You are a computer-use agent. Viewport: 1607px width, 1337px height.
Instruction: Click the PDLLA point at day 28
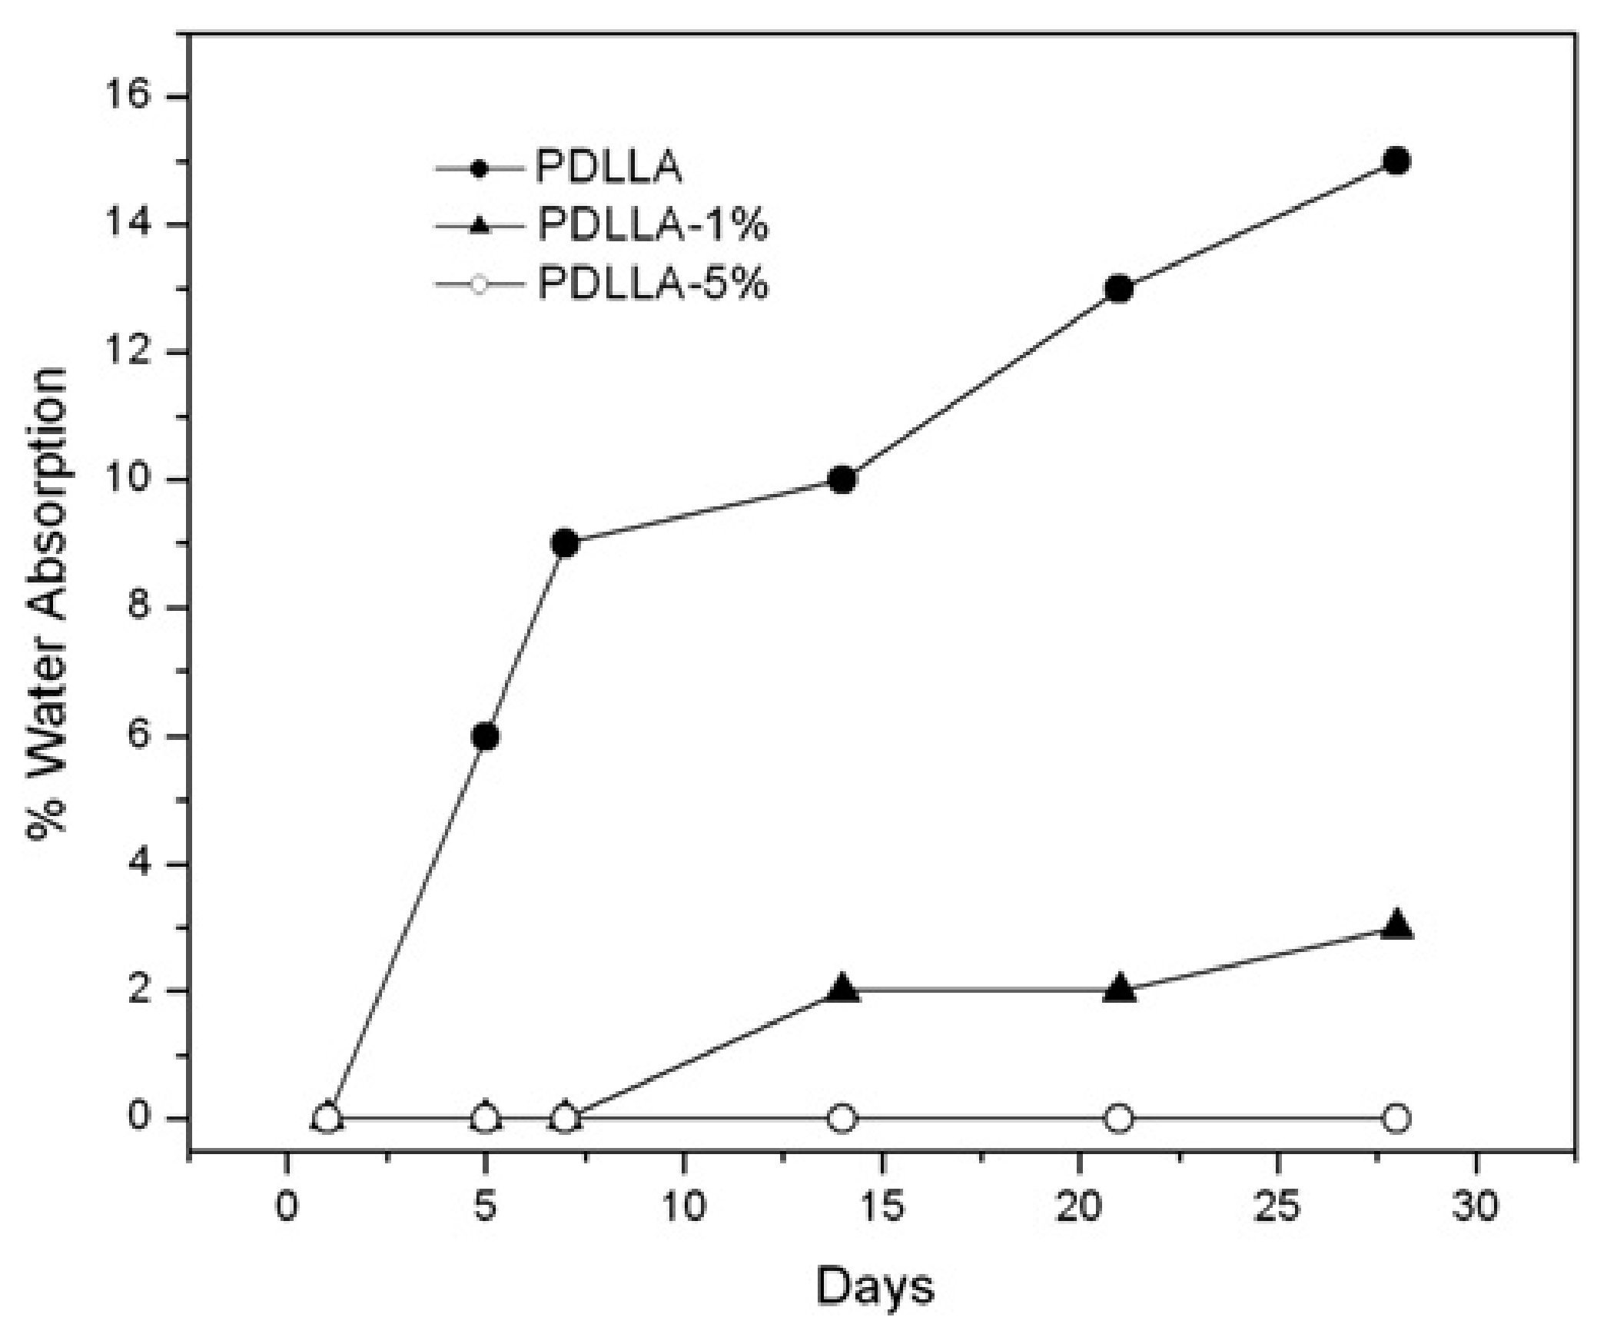click(1396, 161)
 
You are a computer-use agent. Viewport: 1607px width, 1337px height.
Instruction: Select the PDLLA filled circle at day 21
click(1119, 289)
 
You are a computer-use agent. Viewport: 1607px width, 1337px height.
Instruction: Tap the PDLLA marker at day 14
click(842, 480)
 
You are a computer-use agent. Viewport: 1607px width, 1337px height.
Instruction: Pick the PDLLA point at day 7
click(565, 544)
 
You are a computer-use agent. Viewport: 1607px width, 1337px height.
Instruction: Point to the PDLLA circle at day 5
click(485, 736)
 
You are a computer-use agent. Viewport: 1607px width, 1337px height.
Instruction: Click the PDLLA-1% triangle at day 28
click(1396, 925)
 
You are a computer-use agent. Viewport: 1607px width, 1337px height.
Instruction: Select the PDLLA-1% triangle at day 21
click(1119, 989)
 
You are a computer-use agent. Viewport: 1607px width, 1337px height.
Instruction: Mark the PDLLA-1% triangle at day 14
click(842, 989)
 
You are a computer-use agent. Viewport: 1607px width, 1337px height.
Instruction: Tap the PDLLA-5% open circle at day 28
click(1396, 1118)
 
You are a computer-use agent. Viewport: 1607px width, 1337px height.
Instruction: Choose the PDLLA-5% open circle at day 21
click(1119, 1118)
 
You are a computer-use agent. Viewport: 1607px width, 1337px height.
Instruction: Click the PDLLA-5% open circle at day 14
click(842, 1118)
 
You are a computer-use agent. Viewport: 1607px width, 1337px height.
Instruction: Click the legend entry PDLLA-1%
click(652, 225)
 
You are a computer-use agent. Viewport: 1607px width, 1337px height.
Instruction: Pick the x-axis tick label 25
click(1277, 1207)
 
